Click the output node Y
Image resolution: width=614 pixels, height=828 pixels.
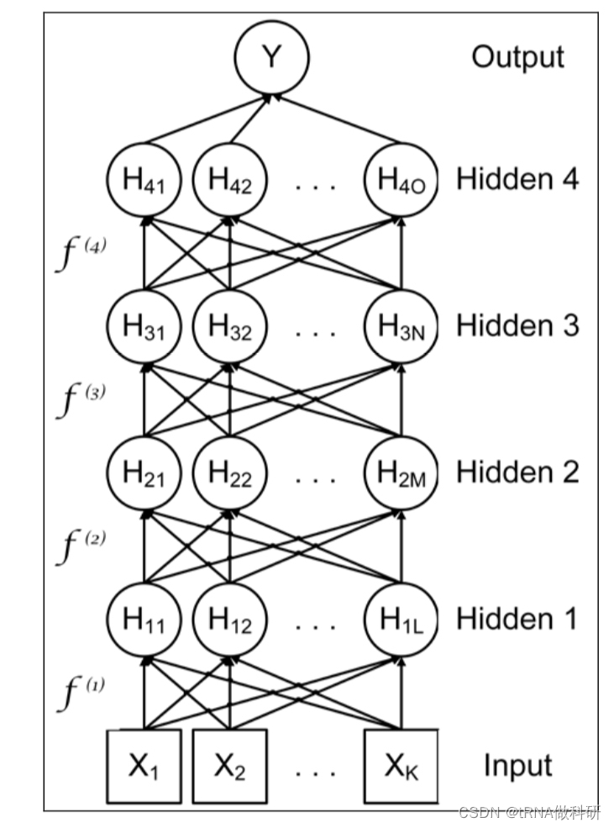pyautogui.click(x=271, y=57)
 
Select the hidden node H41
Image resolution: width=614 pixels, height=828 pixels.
pyautogui.click(x=144, y=180)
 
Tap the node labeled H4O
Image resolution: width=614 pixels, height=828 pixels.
pyautogui.click(x=401, y=180)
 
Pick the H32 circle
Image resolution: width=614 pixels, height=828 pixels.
pyautogui.click(x=229, y=326)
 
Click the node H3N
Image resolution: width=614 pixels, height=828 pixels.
pyautogui.click(x=401, y=326)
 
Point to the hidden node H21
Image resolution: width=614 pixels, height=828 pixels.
pyautogui.click(x=144, y=472)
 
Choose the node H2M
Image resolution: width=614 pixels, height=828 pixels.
pyautogui.click(x=401, y=472)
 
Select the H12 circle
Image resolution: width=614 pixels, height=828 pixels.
pyautogui.click(x=229, y=620)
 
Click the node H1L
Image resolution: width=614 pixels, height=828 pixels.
pyautogui.click(x=401, y=620)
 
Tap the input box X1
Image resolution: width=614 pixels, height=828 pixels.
pyautogui.click(x=144, y=766)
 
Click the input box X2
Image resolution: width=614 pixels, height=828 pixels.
pyautogui.click(x=229, y=766)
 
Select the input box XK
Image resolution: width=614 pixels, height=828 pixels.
pyautogui.click(x=401, y=766)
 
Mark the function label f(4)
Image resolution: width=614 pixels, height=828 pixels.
pyautogui.click(x=82, y=252)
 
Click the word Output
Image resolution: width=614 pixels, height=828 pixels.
pyautogui.click(x=517, y=57)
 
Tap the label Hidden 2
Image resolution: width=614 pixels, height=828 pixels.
pyautogui.click(x=517, y=472)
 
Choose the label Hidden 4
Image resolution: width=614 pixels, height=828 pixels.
pyautogui.click(x=517, y=179)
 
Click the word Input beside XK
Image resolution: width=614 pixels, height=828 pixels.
pyautogui.click(x=517, y=766)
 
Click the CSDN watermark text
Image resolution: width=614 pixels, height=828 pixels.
pyautogui.click(x=529, y=812)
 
